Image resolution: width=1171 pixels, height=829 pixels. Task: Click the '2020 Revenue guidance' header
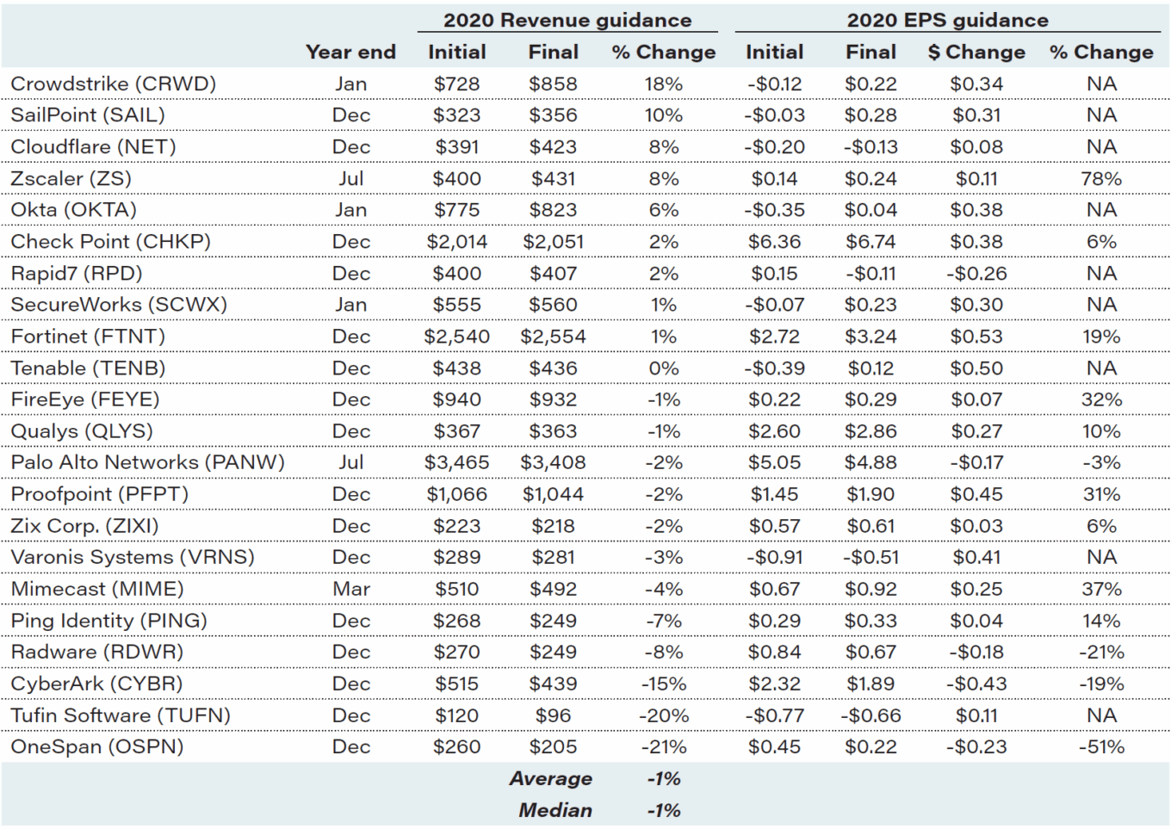(x=567, y=20)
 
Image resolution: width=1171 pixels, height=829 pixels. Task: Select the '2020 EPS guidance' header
(x=947, y=20)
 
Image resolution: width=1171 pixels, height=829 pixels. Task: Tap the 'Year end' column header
(x=350, y=52)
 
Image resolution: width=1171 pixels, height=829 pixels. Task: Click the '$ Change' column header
(x=976, y=52)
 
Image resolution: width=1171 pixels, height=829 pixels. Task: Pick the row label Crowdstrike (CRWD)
(x=113, y=84)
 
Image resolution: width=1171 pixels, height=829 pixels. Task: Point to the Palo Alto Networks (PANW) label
(x=147, y=462)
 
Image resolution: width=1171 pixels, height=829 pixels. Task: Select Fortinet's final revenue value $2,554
(x=553, y=337)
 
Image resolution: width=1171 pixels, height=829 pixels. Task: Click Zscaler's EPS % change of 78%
(x=1101, y=178)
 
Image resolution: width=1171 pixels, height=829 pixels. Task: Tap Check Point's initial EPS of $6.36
(x=774, y=242)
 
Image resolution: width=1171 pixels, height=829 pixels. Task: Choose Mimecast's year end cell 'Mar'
(x=350, y=589)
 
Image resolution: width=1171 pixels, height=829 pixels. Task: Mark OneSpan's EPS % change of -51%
(x=1101, y=746)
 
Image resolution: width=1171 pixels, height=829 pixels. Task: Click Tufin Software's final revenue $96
(x=553, y=715)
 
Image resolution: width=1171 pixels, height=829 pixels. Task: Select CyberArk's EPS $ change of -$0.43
(x=976, y=684)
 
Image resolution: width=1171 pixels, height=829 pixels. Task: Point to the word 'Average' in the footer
(x=550, y=778)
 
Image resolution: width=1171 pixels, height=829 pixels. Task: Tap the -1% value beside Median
(x=663, y=810)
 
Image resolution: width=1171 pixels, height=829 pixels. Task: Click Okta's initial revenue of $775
(x=456, y=210)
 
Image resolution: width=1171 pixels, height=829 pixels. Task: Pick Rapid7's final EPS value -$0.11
(x=871, y=273)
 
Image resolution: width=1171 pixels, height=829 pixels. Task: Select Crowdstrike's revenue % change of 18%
(x=663, y=84)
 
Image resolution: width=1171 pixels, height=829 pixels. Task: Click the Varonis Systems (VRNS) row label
(x=133, y=557)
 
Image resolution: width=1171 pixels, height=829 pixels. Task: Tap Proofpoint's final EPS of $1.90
(x=871, y=494)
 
